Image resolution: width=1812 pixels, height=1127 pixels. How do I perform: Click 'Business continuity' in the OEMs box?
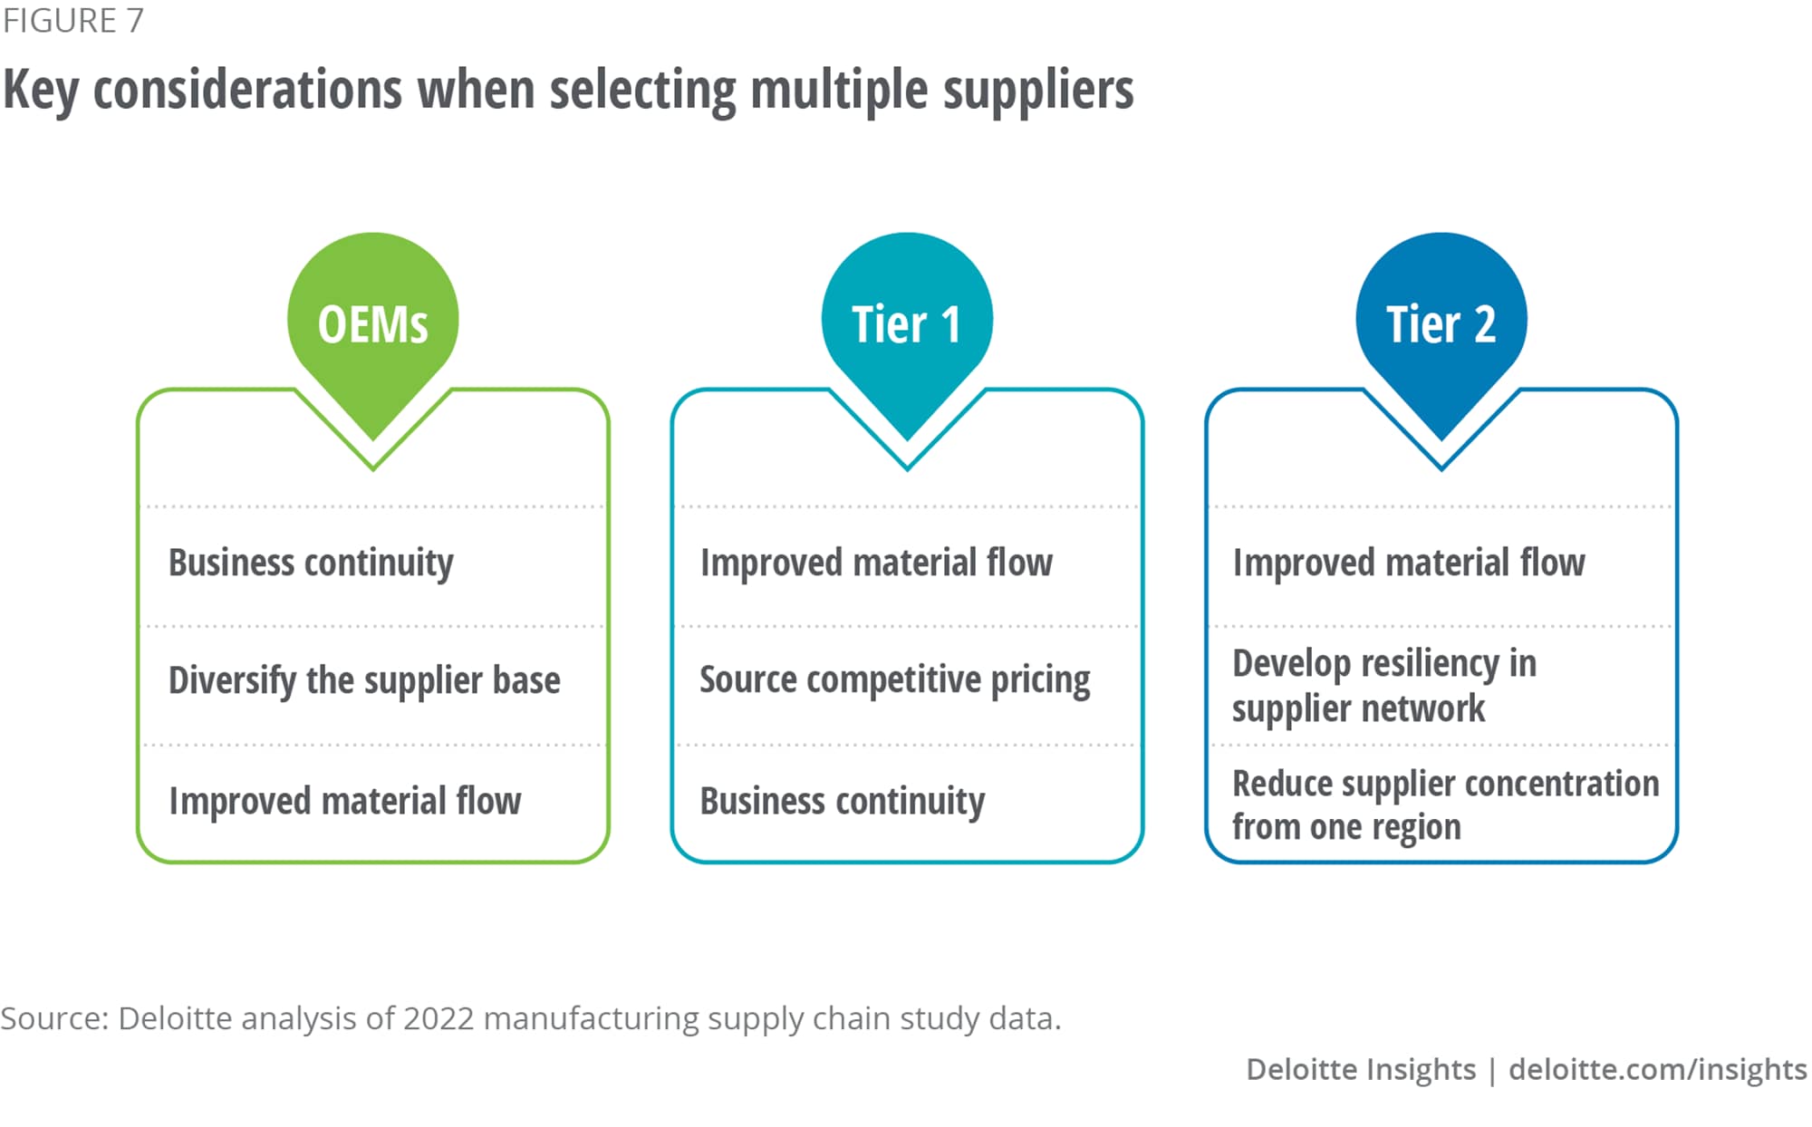pos(311,563)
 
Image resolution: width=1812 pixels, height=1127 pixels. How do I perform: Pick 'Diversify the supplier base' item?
pos(364,680)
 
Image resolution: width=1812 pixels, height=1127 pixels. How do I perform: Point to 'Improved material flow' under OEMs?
pos(344,801)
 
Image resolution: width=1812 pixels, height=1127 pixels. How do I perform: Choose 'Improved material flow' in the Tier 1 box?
pos(876,563)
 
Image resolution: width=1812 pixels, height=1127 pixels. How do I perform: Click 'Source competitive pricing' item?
pos(894,680)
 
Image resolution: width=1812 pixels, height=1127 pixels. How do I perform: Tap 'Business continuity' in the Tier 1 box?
pos(842,801)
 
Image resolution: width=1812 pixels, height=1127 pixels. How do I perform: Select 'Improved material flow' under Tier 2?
pos(1409,563)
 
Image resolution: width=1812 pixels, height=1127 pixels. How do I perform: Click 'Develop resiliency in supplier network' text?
pos(1383,686)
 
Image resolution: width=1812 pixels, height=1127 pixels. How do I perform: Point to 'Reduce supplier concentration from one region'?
pos(1445,804)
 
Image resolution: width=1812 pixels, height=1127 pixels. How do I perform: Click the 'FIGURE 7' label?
pos(72,21)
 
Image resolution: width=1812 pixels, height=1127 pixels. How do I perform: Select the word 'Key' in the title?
pos(40,90)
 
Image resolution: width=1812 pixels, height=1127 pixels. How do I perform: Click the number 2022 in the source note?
pos(439,1018)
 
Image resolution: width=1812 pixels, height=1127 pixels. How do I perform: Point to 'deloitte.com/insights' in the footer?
pos(1657,1069)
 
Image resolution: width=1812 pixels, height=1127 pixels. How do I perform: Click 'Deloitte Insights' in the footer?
pos(1360,1069)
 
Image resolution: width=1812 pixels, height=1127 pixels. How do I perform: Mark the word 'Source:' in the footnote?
pos(54,1018)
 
